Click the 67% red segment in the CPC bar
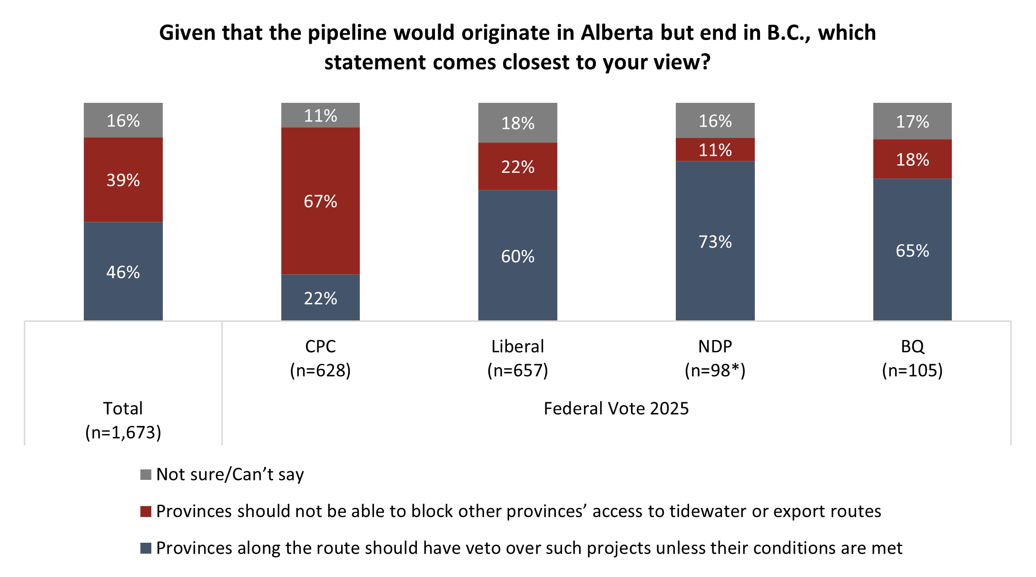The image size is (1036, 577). pos(320,201)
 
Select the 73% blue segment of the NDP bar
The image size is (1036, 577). pos(715,241)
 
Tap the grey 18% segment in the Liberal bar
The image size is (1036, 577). pos(517,123)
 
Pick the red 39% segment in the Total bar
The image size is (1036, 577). pos(123,179)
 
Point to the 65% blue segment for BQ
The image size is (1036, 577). pos(912,249)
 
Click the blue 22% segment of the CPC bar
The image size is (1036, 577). pos(320,298)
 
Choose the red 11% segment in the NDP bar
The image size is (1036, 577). pos(715,149)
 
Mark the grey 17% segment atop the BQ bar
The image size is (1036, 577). pos(912,121)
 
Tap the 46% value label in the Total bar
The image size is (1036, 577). pos(123,272)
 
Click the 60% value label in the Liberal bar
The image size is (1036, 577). pos(517,256)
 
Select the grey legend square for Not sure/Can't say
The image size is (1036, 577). pos(146,474)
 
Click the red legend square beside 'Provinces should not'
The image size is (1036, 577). pos(146,511)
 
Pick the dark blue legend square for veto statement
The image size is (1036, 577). pos(146,548)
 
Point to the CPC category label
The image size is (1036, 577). pos(320,346)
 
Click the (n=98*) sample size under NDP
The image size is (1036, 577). pos(715,370)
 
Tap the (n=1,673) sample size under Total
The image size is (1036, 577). pos(123,432)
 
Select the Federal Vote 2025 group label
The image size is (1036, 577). pos(616,408)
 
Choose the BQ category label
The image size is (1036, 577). pos(912,346)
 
